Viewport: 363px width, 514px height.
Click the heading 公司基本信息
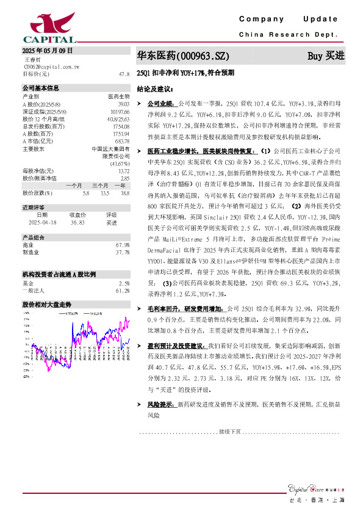pos(41,88)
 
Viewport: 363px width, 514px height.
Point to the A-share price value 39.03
pos(123,103)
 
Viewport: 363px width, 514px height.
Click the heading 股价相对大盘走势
pos(47,303)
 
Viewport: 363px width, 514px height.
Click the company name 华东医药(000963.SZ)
pos(182,56)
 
